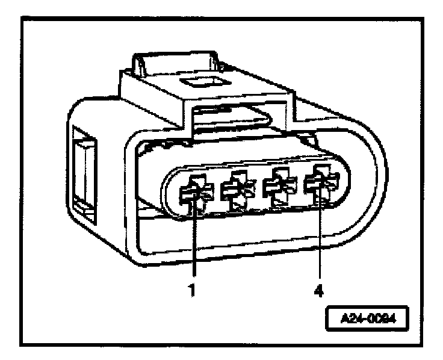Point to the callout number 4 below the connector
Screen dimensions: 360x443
[x=319, y=290]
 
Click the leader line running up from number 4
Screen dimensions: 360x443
[x=320, y=241]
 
